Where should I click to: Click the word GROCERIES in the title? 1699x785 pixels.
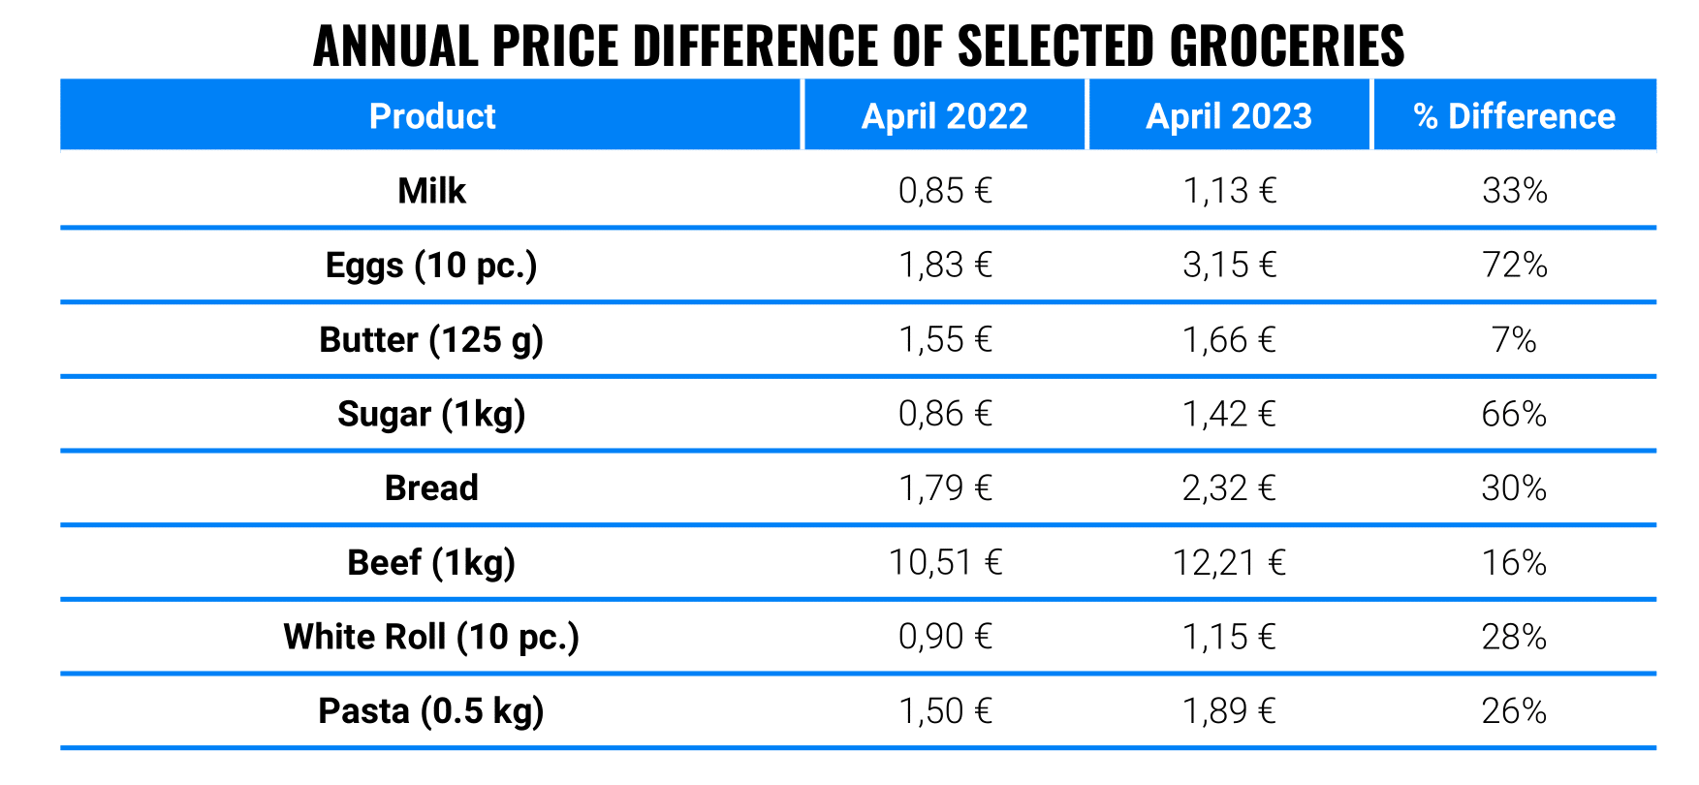click(1287, 46)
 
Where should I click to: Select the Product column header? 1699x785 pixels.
click(432, 116)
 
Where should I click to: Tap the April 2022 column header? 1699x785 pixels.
click(944, 116)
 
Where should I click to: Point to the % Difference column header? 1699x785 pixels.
click(1514, 116)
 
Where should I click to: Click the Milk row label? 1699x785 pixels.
click(432, 191)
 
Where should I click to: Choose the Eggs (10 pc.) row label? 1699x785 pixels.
click(432, 266)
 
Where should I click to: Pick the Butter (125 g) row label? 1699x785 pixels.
click(432, 340)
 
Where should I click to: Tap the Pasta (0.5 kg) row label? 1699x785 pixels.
click(432, 711)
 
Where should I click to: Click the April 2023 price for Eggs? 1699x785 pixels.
click(1229, 266)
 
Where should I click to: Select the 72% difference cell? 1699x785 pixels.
click(1514, 266)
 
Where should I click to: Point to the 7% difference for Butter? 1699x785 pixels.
click(1514, 340)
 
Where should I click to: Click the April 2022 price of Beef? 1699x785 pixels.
click(945, 563)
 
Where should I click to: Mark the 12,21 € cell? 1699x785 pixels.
click(1229, 563)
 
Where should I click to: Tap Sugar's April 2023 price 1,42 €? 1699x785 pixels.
click(1229, 414)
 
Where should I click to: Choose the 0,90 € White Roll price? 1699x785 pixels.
click(945, 637)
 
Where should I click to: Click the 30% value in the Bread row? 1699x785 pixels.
click(1514, 488)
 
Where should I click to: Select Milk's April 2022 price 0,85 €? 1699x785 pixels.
click(945, 191)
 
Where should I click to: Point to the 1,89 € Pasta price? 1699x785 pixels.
click(1229, 711)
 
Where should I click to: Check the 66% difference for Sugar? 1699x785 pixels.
click(1514, 414)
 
